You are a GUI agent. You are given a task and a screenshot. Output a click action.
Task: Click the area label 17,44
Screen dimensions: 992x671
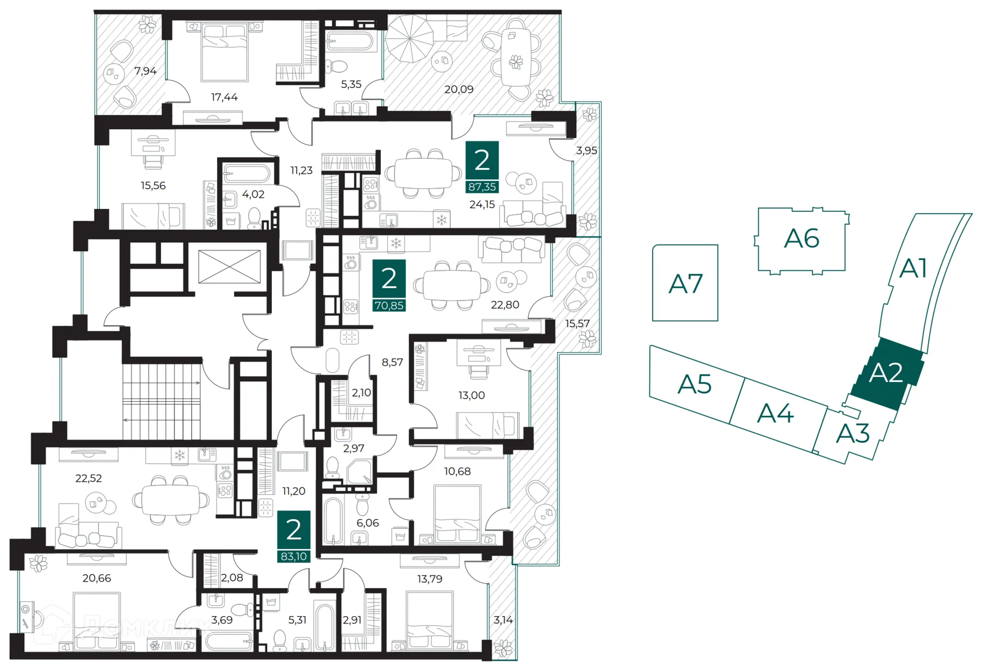coord(224,97)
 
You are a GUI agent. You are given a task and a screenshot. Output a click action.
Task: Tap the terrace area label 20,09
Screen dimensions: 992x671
coord(459,89)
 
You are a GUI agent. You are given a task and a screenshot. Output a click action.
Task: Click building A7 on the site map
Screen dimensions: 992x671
coord(685,283)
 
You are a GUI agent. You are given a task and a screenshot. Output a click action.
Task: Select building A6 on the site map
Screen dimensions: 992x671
coord(801,240)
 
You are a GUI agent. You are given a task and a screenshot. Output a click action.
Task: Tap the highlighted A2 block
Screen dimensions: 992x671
coord(887,374)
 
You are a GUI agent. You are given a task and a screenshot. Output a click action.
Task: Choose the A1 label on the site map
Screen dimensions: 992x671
coord(913,269)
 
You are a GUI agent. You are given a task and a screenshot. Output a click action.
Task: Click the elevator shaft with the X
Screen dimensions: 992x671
coord(229,267)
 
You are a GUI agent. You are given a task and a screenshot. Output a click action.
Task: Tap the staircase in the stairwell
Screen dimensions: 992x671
coord(162,402)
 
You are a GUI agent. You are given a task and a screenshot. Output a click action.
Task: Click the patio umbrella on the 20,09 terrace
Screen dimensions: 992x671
coord(410,38)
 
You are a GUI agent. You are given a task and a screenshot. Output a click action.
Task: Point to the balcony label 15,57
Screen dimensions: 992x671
coord(577,324)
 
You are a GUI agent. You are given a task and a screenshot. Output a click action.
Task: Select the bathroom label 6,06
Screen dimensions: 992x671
coord(367,523)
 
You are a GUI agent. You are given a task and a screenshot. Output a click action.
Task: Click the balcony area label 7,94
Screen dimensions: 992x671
coord(145,71)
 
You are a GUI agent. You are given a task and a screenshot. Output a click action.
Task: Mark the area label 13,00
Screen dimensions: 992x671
coord(471,395)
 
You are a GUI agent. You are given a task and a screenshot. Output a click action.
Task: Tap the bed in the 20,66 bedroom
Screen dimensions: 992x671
coord(97,621)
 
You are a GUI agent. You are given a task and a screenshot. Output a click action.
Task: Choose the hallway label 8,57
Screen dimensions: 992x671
coord(392,362)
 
